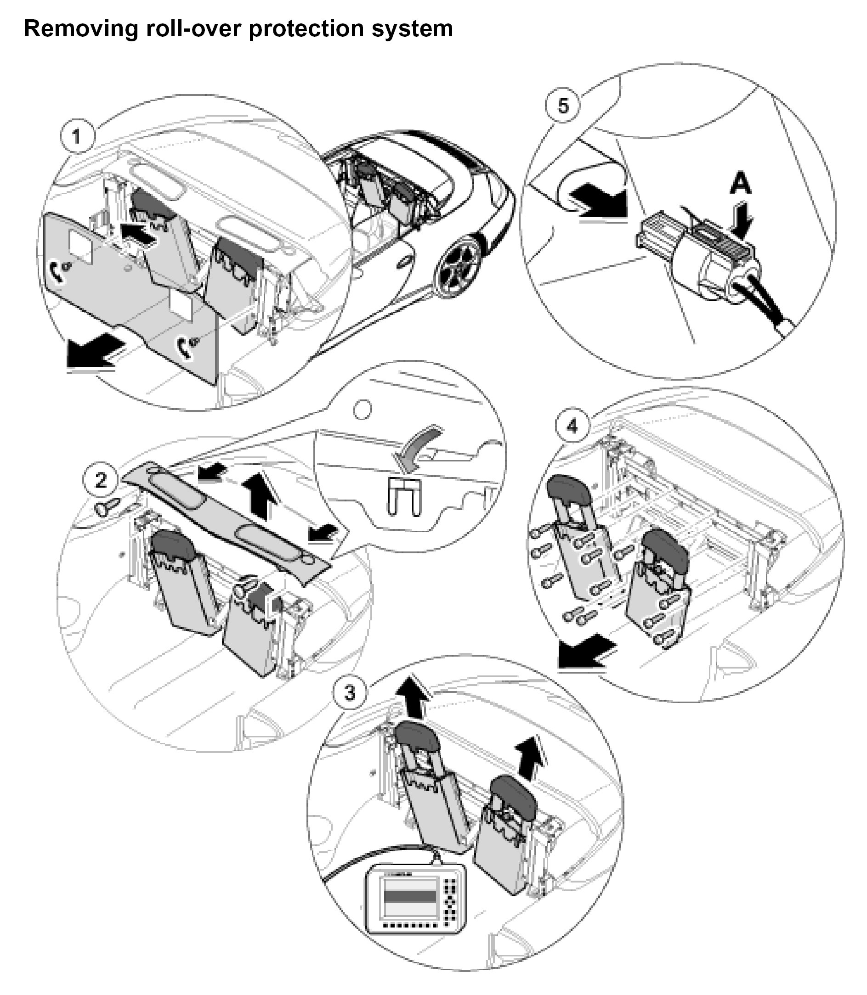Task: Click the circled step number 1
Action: coord(77,137)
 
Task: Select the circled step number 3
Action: coord(349,692)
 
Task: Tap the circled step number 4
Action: coord(572,426)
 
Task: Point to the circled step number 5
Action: coord(563,106)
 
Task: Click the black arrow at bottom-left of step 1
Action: coord(93,353)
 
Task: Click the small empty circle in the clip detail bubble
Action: coord(363,410)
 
